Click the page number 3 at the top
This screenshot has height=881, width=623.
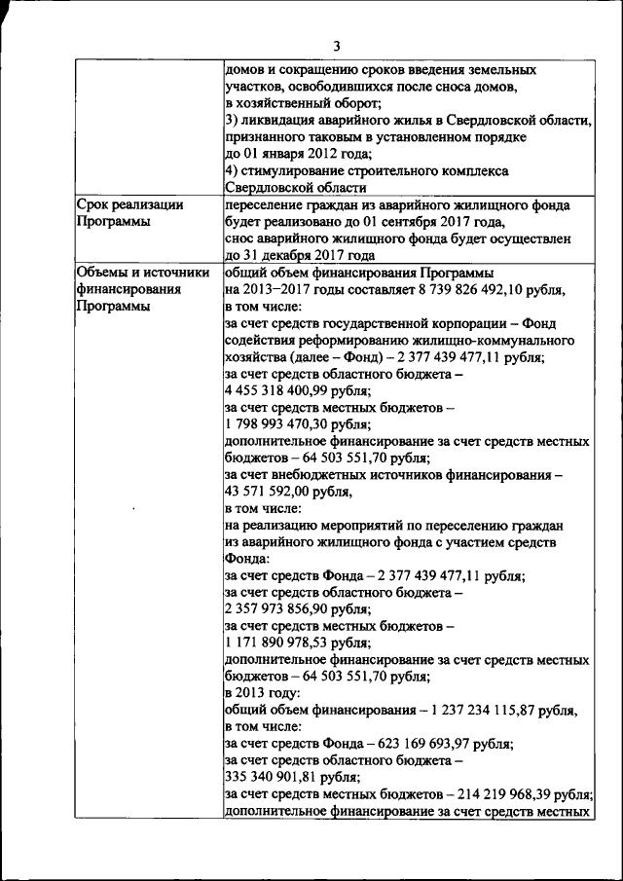pyautogui.click(x=337, y=46)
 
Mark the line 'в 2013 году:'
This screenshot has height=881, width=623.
pyautogui.click(x=263, y=693)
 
